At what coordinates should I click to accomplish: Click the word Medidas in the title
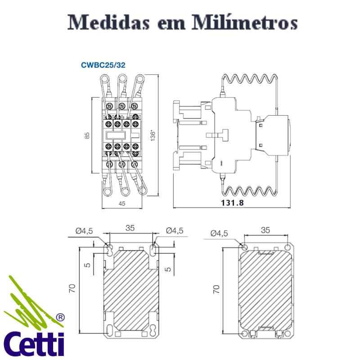pyautogui.click(x=106, y=22)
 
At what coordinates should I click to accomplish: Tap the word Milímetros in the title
pyautogui.click(x=252, y=22)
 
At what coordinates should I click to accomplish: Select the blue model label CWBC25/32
pyautogui.click(x=103, y=65)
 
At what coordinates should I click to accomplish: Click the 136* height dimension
pyautogui.click(x=153, y=135)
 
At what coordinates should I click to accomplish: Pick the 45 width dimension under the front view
pyautogui.click(x=122, y=203)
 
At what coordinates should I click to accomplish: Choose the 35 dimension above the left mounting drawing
pyautogui.click(x=130, y=228)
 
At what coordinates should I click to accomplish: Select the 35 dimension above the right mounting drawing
pyautogui.click(x=265, y=230)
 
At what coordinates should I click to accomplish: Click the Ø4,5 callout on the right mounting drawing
pyautogui.click(x=219, y=233)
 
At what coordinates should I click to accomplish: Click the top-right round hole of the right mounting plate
pyautogui.click(x=287, y=247)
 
